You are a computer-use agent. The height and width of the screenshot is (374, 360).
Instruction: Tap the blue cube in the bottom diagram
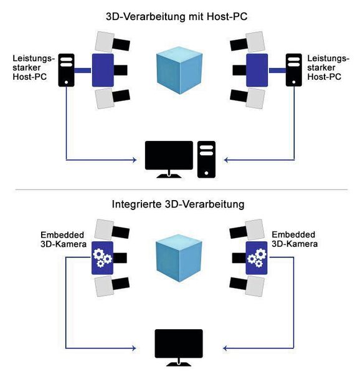(x=179, y=256)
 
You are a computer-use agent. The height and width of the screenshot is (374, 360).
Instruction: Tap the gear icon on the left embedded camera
(x=101, y=257)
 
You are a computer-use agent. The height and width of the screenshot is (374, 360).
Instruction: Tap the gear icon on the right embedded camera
(x=256, y=257)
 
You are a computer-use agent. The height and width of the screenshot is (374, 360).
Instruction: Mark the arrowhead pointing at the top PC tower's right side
(x=227, y=160)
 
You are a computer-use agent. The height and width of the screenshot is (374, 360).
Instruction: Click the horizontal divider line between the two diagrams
(x=179, y=189)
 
